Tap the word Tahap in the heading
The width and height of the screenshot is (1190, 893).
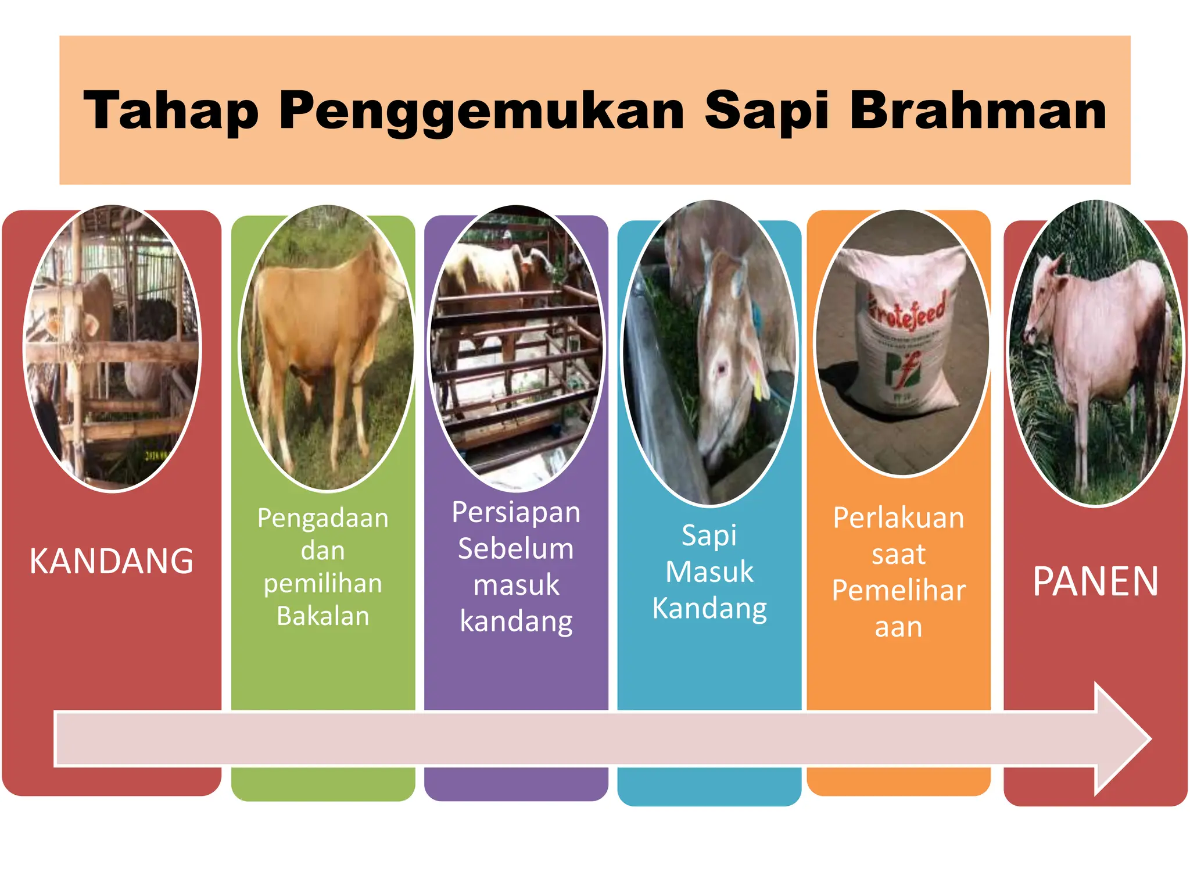(171, 110)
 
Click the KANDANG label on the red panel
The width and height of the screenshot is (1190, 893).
(112, 561)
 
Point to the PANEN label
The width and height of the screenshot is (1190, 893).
(1095, 581)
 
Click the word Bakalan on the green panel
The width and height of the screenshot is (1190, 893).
(323, 616)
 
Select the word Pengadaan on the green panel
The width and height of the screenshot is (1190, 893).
(323, 517)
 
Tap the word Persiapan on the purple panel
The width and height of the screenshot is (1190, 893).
(516, 512)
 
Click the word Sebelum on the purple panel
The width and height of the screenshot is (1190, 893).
(516, 548)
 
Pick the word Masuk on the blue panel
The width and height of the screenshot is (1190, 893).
(709, 571)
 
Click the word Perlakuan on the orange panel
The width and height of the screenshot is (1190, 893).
(898, 517)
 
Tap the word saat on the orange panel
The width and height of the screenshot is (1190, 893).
(898, 554)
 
